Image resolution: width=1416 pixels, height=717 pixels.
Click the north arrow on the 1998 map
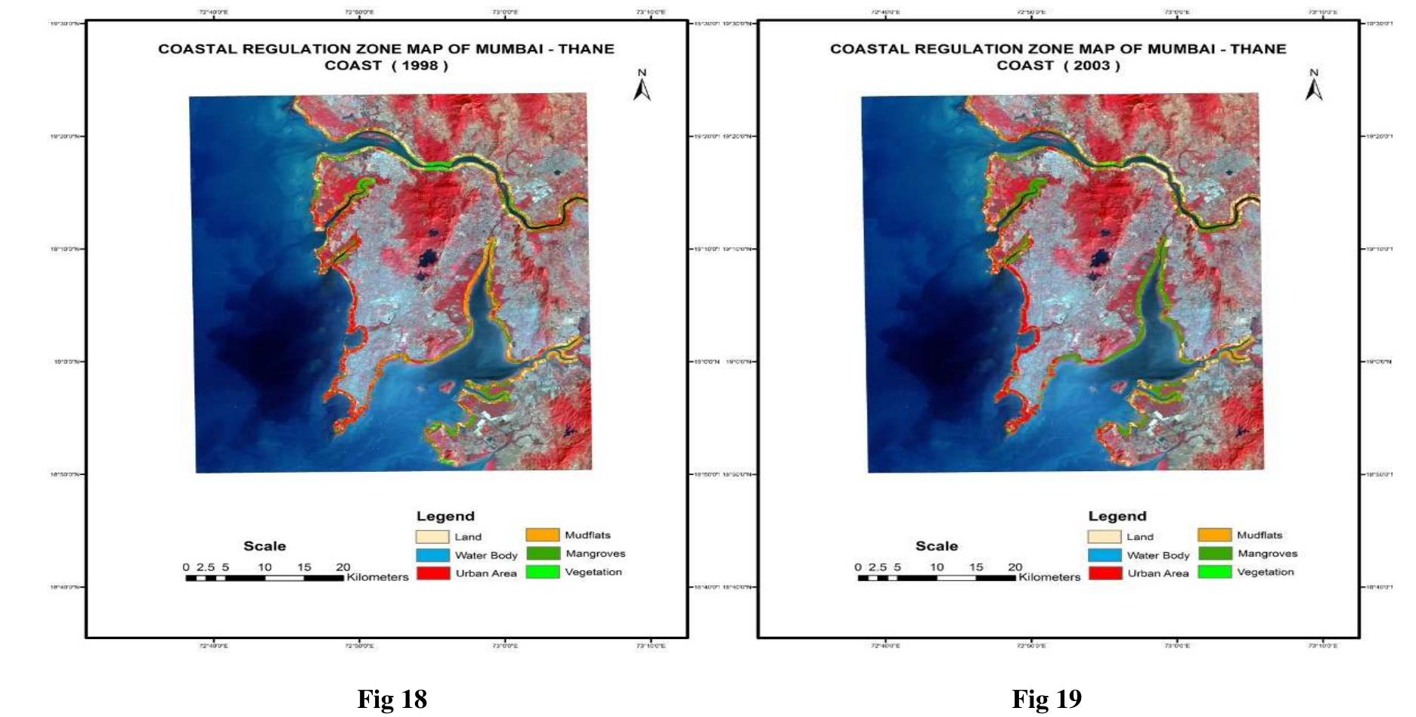[x=642, y=86]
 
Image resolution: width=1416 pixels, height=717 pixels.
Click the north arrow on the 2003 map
[x=1314, y=86]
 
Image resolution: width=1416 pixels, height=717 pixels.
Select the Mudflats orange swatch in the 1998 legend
[x=542, y=535]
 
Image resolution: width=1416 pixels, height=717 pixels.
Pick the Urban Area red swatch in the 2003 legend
[x=1105, y=573]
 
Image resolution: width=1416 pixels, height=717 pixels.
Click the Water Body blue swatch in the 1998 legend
[x=432, y=555]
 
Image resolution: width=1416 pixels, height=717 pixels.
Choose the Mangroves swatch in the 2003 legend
[x=1214, y=554]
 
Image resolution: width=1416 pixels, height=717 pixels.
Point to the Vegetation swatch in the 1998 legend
[x=542, y=573]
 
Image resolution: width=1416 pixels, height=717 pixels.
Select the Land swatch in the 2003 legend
[x=1105, y=537]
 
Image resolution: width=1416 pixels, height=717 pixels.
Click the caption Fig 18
[x=392, y=699]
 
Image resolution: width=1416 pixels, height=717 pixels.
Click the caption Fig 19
[x=1046, y=699]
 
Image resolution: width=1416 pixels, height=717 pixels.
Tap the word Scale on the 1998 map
[x=265, y=546]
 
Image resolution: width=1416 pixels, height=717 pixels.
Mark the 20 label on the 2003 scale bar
[x=1015, y=567]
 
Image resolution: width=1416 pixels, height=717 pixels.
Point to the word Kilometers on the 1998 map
[x=377, y=577]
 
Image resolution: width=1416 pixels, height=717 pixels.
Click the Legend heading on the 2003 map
[x=1117, y=517]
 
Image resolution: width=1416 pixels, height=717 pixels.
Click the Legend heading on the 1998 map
[x=445, y=517]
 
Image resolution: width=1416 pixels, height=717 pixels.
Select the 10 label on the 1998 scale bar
[x=265, y=567]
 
